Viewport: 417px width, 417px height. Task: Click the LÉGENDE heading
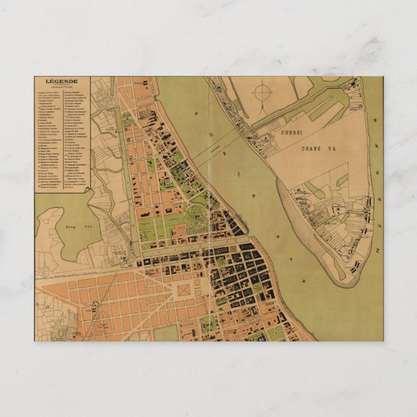[x=62, y=81]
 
